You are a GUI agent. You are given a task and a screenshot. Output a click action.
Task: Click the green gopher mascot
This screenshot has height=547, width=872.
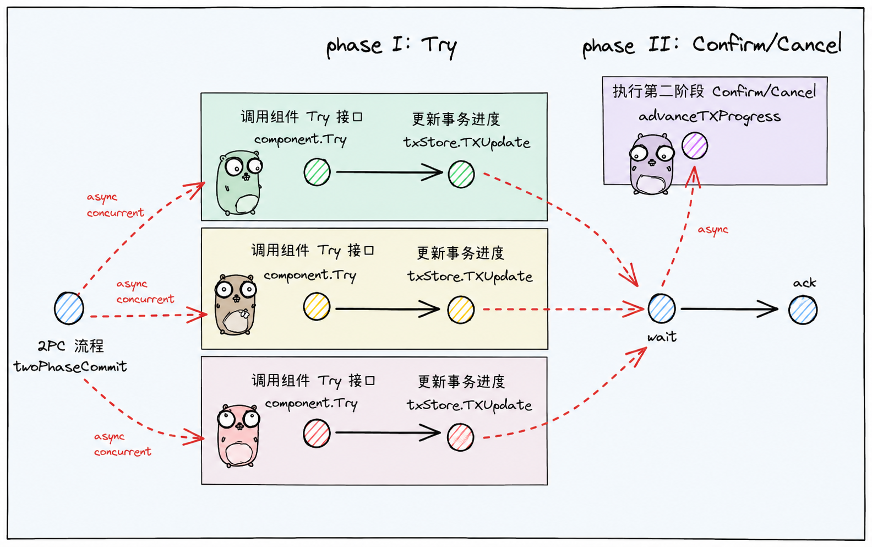point(239,183)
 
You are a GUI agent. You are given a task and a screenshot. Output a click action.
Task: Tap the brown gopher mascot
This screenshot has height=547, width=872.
point(236,305)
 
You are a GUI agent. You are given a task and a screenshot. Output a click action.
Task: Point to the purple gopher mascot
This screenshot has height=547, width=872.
point(652,164)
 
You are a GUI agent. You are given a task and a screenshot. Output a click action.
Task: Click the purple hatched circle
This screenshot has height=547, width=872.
point(695,146)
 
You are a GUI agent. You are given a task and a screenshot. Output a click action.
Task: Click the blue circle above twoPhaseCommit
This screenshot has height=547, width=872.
point(69,308)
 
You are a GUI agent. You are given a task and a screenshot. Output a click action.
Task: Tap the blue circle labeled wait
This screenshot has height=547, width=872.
point(661,308)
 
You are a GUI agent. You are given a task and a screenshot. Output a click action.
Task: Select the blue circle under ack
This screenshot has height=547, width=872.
point(803,310)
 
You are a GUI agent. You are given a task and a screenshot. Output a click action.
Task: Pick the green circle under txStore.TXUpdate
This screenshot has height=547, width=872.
point(461,174)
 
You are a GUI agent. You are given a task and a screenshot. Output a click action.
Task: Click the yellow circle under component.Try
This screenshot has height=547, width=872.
point(317,307)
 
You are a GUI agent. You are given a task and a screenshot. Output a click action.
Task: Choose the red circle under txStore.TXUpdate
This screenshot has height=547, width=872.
point(461,437)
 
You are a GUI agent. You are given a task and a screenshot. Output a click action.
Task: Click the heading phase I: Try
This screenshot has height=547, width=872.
point(391,46)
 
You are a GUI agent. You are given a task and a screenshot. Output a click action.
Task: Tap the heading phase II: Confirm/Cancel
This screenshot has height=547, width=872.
point(712,45)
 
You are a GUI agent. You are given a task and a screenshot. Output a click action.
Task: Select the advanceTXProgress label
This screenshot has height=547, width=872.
point(709,116)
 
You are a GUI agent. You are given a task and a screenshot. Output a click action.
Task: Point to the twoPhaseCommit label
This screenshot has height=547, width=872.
point(70,366)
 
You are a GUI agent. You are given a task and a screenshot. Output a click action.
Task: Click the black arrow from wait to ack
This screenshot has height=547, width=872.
point(729,309)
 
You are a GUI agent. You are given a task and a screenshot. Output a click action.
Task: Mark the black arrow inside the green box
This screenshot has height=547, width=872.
point(389,172)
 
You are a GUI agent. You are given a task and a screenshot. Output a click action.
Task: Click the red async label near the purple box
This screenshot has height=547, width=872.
point(712,230)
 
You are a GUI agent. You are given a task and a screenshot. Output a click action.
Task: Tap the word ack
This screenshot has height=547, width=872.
point(804,283)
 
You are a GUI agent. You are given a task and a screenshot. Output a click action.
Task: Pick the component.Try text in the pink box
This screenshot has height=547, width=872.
point(311,404)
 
